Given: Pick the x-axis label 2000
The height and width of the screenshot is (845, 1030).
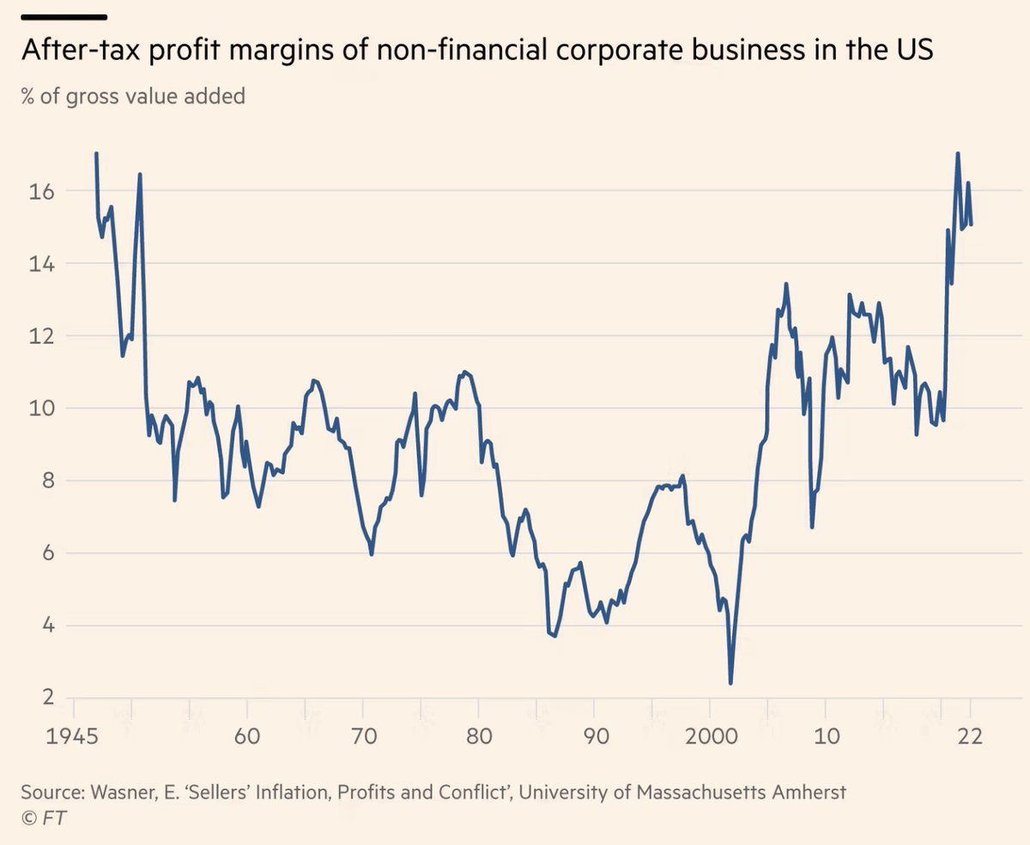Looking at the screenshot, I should tap(709, 737).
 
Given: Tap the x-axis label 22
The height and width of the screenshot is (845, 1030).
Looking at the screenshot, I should tap(971, 737).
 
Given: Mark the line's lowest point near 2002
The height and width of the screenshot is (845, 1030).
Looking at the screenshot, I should tap(730, 683).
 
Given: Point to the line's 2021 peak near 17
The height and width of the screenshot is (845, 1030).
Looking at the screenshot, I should tap(957, 154).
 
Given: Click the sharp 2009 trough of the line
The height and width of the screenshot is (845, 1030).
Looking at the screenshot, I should tap(812, 527).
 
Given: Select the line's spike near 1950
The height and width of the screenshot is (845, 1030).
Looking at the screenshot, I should tap(140, 175).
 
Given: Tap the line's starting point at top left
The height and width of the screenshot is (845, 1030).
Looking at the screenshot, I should tap(96, 154).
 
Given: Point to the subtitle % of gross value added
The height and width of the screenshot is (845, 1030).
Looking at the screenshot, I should tap(133, 96).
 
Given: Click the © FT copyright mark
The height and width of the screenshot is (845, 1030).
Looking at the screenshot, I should tap(43, 818).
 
